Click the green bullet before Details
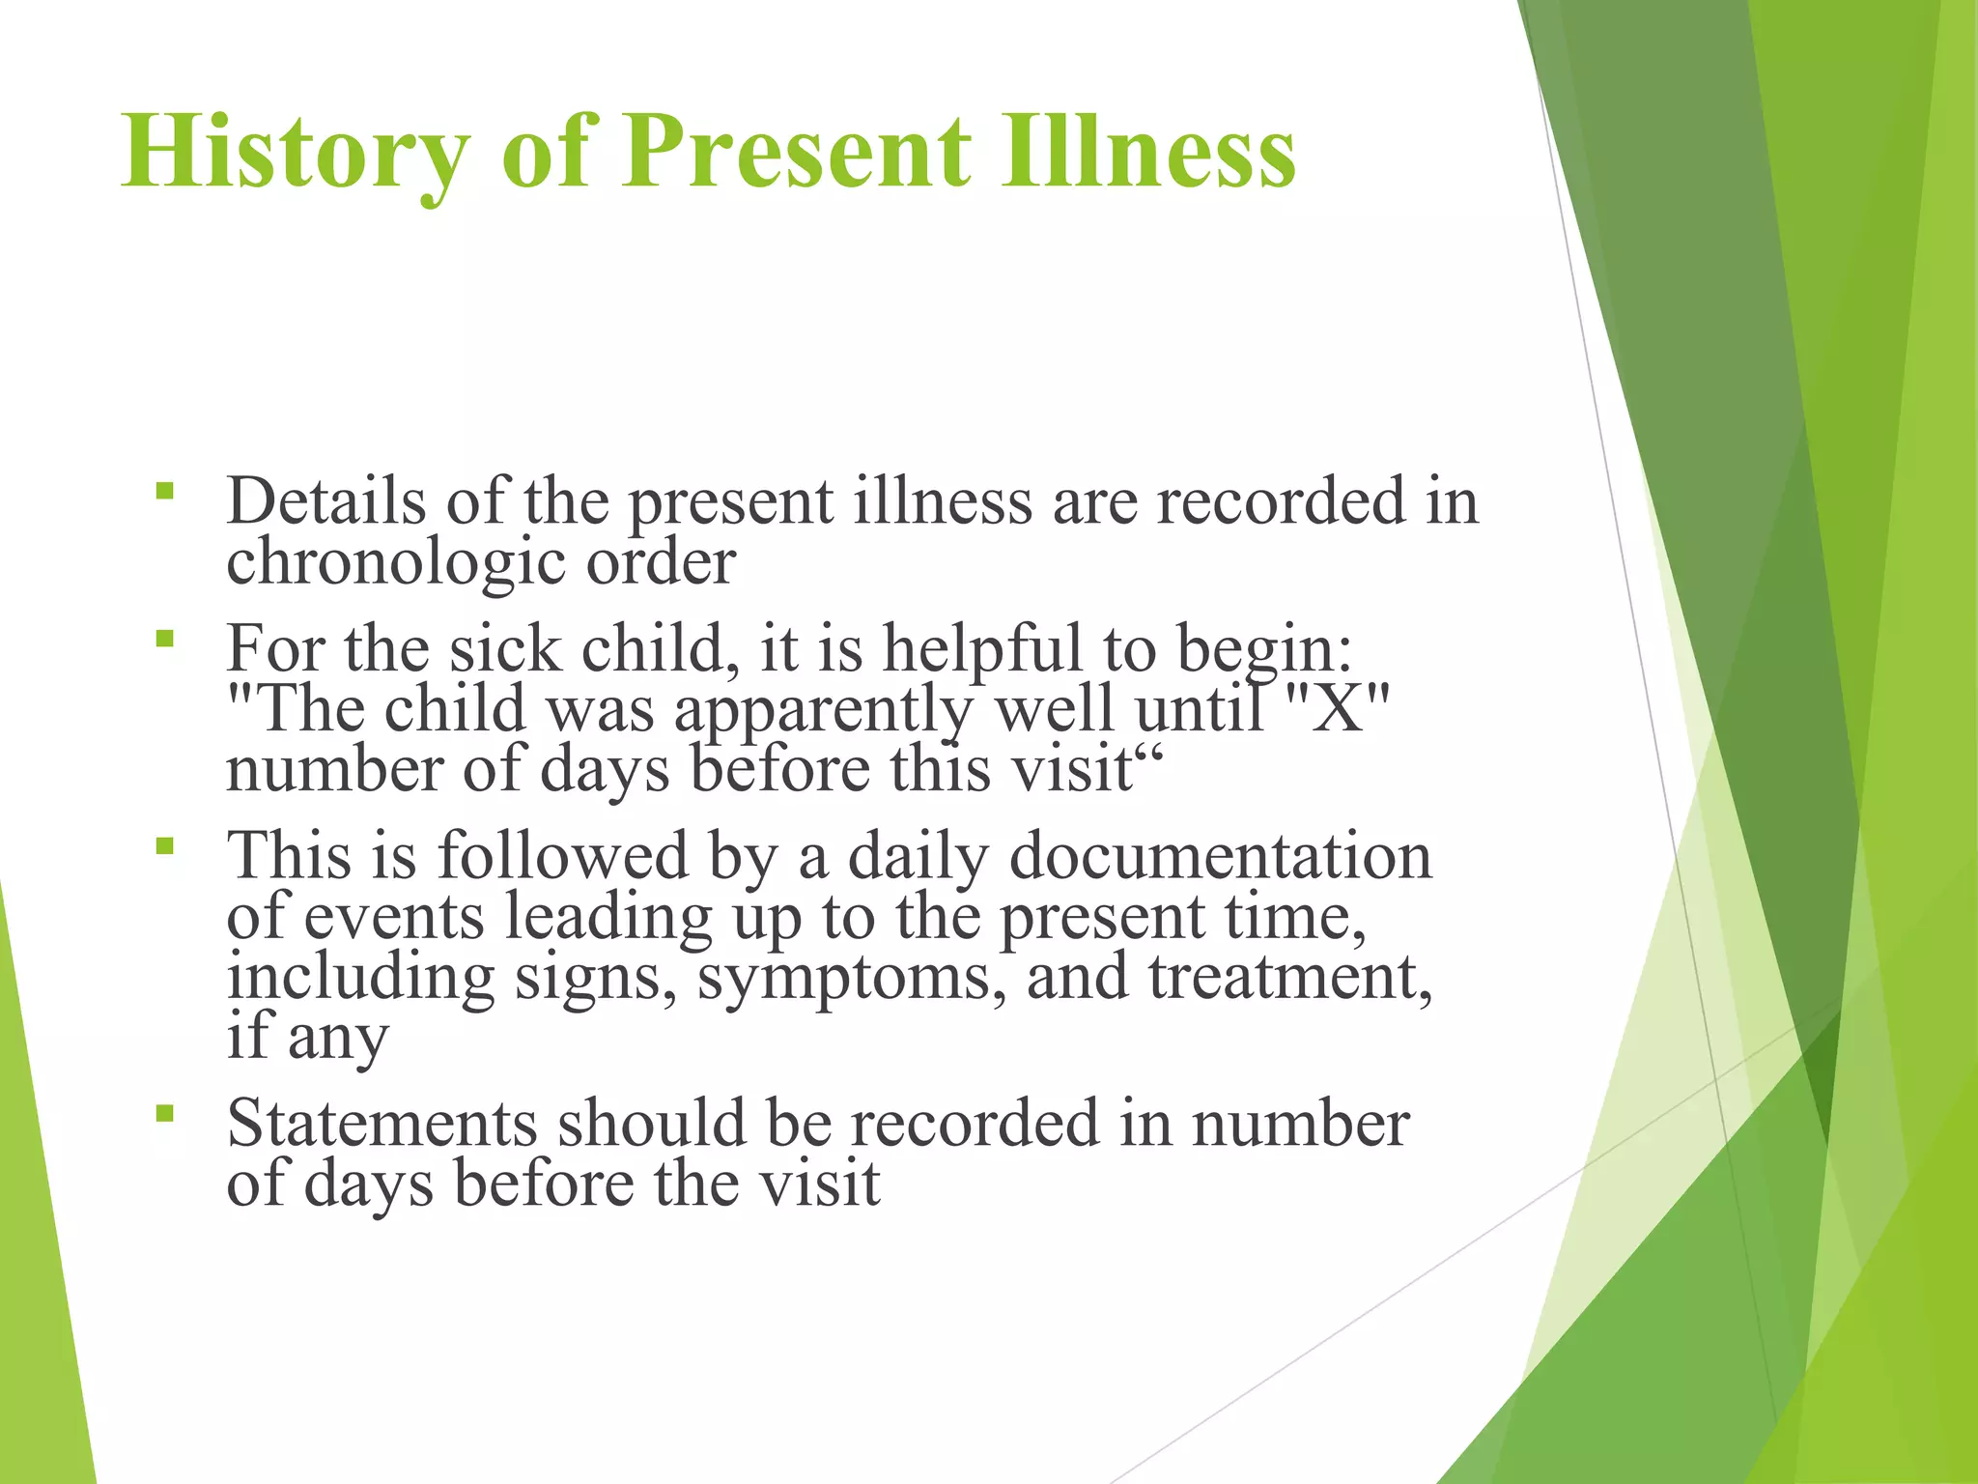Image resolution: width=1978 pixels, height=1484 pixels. tap(165, 491)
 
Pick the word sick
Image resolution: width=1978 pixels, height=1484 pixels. tap(504, 648)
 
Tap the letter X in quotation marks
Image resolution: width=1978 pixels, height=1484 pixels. tap(1339, 708)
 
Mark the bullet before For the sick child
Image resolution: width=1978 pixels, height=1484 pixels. tap(165, 638)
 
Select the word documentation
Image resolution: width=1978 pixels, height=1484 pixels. tap(1220, 856)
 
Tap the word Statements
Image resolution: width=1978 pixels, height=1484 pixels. tap(381, 1123)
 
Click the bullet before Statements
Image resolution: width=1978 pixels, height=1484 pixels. tap(165, 1113)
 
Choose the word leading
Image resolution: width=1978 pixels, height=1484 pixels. tap(608, 917)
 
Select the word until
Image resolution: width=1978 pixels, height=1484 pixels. tap(1199, 708)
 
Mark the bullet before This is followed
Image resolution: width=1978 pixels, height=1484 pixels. tap(165, 846)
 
